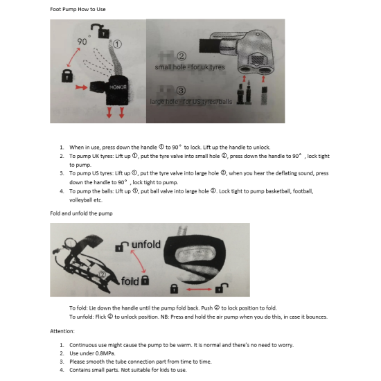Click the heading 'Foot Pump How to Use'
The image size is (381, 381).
[78, 9]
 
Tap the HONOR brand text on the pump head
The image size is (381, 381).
[118, 87]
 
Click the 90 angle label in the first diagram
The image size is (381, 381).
[82, 42]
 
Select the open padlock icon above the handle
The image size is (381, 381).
[100, 30]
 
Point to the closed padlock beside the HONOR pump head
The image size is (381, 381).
[67, 76]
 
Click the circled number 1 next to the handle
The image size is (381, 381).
[117, 44]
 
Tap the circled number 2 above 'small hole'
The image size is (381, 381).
[181, 56]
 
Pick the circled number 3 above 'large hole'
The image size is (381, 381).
[181, 91]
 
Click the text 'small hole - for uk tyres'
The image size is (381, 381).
[190, 67]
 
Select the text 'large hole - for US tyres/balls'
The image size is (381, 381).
[191, 102]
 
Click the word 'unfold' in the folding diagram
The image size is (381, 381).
[146, 245]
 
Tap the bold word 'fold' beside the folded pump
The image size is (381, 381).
[130, 281]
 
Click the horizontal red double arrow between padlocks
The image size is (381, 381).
[200, 289]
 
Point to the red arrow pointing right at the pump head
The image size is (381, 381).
[82, 87]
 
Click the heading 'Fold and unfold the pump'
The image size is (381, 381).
[82, 213]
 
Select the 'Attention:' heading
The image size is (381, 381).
[62, 331]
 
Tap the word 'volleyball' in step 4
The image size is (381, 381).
[81, 200]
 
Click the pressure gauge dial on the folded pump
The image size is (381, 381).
[71, 243]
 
